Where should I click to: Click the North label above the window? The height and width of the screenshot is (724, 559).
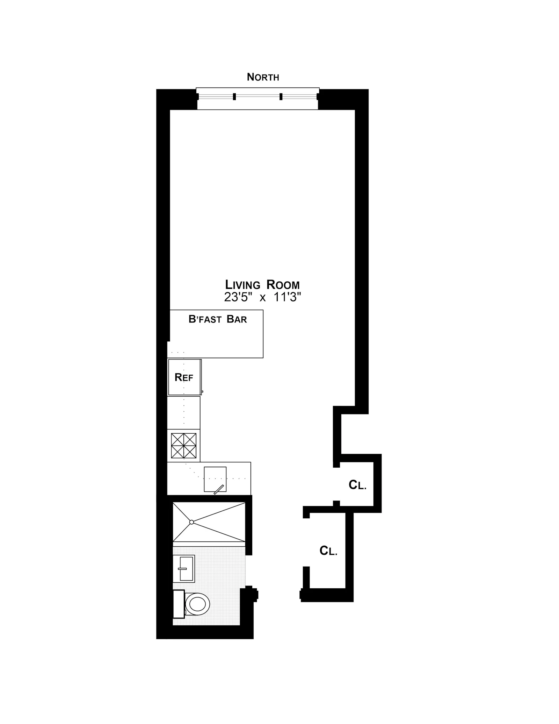click(x=263, y=77)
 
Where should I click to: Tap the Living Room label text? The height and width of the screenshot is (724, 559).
click(x=262, y=285)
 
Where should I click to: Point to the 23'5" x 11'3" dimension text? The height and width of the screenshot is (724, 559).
click(x=262, y=297)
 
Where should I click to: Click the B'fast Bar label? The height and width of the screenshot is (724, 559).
click(x=218, y=319)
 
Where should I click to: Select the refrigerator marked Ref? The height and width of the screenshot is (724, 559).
click(x=184, y=377)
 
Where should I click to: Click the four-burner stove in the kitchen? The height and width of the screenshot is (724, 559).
click(x=183, y=446)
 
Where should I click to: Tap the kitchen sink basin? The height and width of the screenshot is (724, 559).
click(x=215, y=479)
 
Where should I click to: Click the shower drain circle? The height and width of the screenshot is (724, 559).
click(x=191, y=522)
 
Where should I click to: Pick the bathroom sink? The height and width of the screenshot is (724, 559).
click(x=184, y=568)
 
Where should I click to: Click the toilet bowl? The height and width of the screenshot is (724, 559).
click(x=198, y=604)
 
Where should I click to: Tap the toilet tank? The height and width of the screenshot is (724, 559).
click(x=179, y=604)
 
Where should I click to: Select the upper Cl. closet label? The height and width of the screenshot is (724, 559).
click(x=357, y=485)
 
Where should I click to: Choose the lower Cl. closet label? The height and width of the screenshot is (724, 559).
click(x=328, y=551)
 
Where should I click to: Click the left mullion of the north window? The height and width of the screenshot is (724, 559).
click(x=234, y=97)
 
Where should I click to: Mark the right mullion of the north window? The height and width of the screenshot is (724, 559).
click(x=281, y=97)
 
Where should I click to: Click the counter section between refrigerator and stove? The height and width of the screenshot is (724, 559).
click(x=183, y=413)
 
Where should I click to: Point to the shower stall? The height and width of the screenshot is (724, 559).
click(x=209, y=522)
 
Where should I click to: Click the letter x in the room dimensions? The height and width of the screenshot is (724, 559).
click(x=262, y=298)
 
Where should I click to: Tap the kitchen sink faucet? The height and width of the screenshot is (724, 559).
click(x=219, y=490)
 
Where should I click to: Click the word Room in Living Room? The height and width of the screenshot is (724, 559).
click(x=283, y=285)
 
